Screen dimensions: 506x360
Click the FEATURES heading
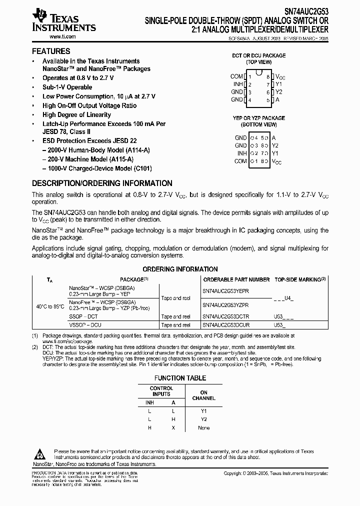(51, 51)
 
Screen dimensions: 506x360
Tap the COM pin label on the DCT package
(236, 76)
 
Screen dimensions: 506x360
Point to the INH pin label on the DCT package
(238, 84)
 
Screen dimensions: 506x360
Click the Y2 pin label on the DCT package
(279, 92)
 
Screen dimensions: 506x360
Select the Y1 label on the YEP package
(275, 153)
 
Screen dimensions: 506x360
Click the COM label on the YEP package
(240, 161)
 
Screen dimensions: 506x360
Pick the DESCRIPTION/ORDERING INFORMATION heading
(102, 183)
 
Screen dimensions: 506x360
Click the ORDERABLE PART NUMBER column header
(236, 279)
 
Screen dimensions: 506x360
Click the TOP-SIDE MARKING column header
(300, 279)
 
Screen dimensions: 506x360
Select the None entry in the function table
(203, 428)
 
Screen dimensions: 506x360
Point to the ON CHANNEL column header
(203, 395)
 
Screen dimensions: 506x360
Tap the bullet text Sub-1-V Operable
(67, 87)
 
